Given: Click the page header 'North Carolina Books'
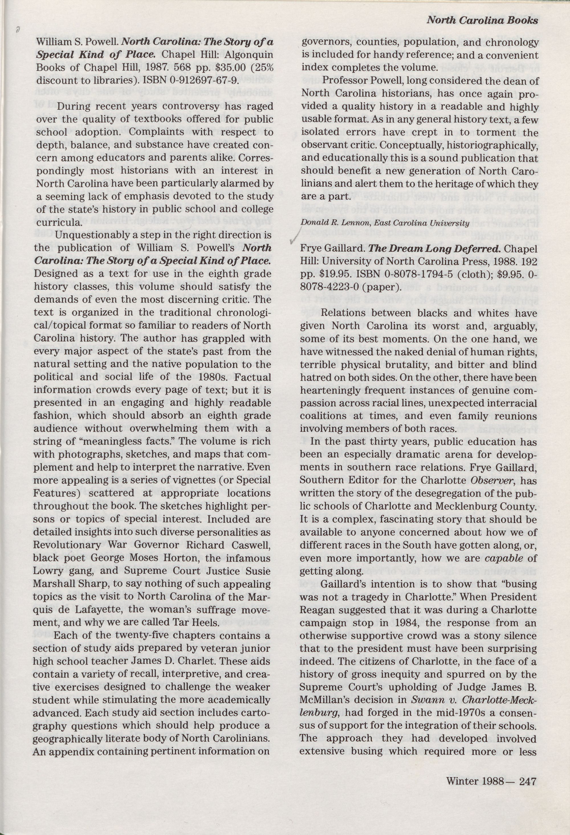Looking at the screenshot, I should coord(482,21).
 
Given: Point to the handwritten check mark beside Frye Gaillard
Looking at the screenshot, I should coord(294,239).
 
